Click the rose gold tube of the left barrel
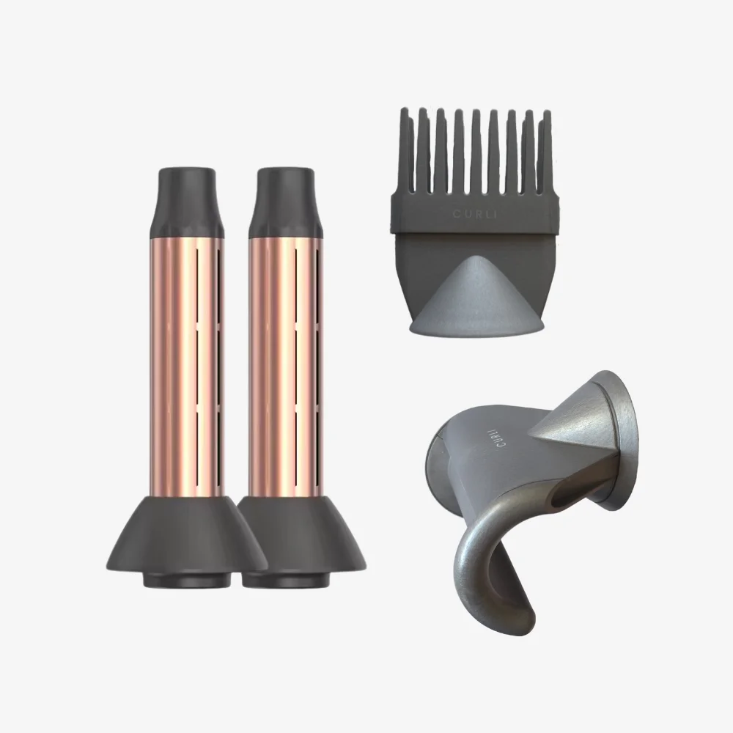click(187, 366)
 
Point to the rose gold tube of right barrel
click(286, 366)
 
